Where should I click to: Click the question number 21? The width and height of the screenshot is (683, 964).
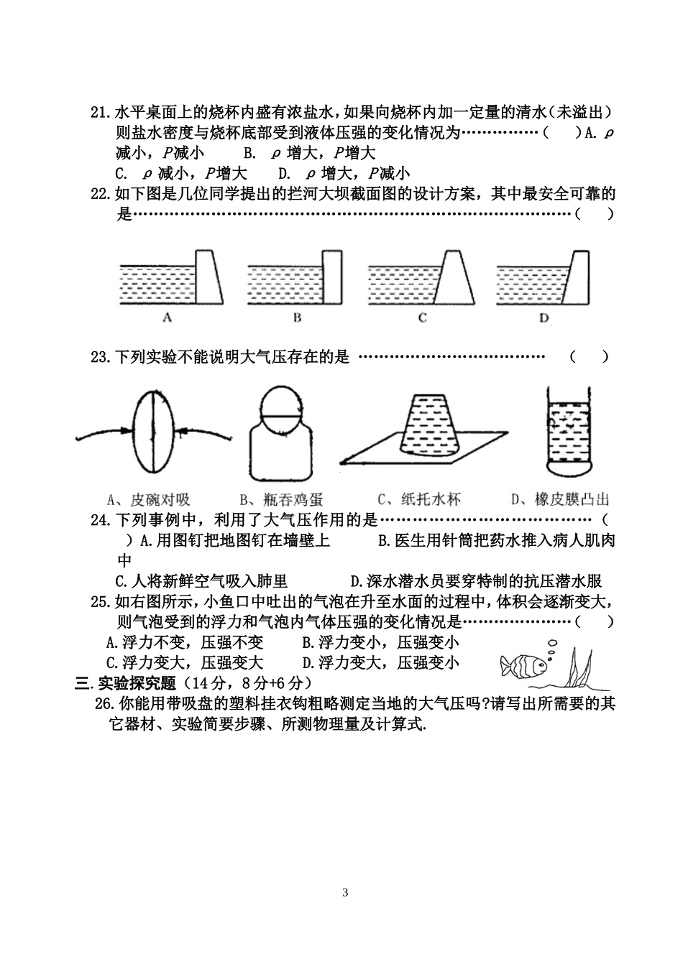point(99,113)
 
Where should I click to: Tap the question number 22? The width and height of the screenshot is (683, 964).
point(99,194)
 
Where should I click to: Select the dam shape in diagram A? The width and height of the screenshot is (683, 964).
point(208,278)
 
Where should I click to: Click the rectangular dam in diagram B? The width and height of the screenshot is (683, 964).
point(331,278)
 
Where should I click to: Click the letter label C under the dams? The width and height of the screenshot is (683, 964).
point(422,318)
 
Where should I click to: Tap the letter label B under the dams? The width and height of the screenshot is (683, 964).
point(296,318)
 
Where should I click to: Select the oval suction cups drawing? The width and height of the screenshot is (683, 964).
point(153,430)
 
